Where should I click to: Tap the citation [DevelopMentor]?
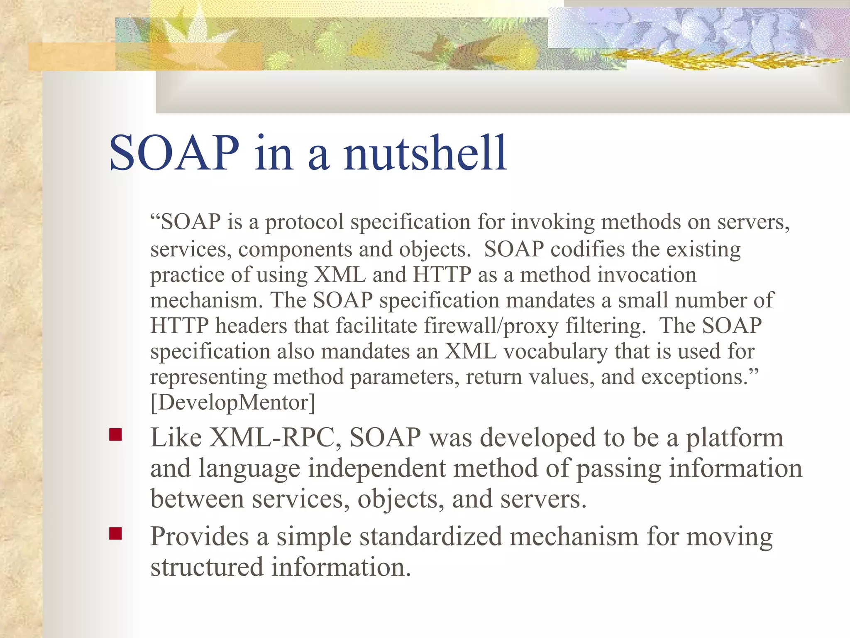[233, 402]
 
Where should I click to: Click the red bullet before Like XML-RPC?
[115, 434]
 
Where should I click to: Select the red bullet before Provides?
[115, 533]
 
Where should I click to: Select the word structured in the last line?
[207, 567]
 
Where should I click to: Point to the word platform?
[734, 439]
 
